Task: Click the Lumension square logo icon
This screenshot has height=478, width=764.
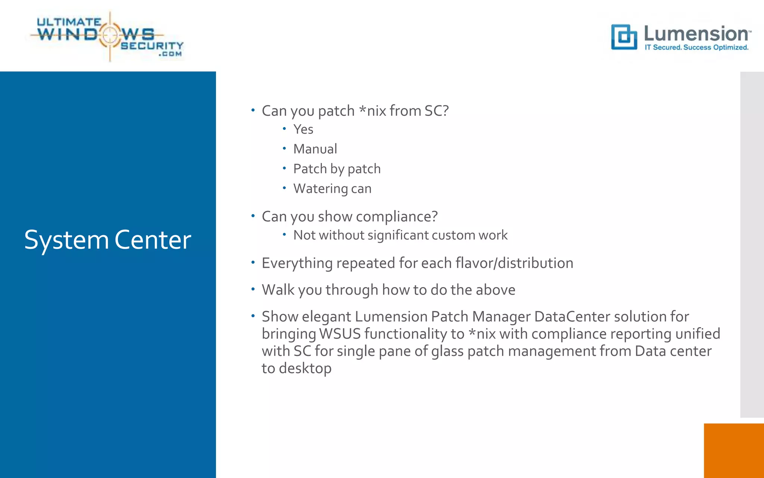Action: pos(624,37)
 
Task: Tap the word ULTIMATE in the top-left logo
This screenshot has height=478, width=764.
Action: pos(69,22)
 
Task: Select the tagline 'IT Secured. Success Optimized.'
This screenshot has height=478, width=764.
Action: pos(696,47)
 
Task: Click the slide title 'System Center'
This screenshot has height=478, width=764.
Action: pos(107,240)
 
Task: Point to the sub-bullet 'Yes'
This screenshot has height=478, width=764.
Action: pos(303,129)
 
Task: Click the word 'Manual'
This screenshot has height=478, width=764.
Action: pos(315,149)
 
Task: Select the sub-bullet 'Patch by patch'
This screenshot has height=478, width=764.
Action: pos(337,169)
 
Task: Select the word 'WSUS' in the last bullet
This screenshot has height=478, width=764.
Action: pos(340,334)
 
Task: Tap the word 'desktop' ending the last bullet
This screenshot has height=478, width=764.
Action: pos(305,369)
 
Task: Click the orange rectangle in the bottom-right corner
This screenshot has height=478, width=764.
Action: pos(733,450)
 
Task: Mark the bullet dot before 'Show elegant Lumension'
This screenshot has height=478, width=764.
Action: pos(253,316)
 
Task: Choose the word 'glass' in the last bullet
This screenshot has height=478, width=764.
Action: pos(447,351)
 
